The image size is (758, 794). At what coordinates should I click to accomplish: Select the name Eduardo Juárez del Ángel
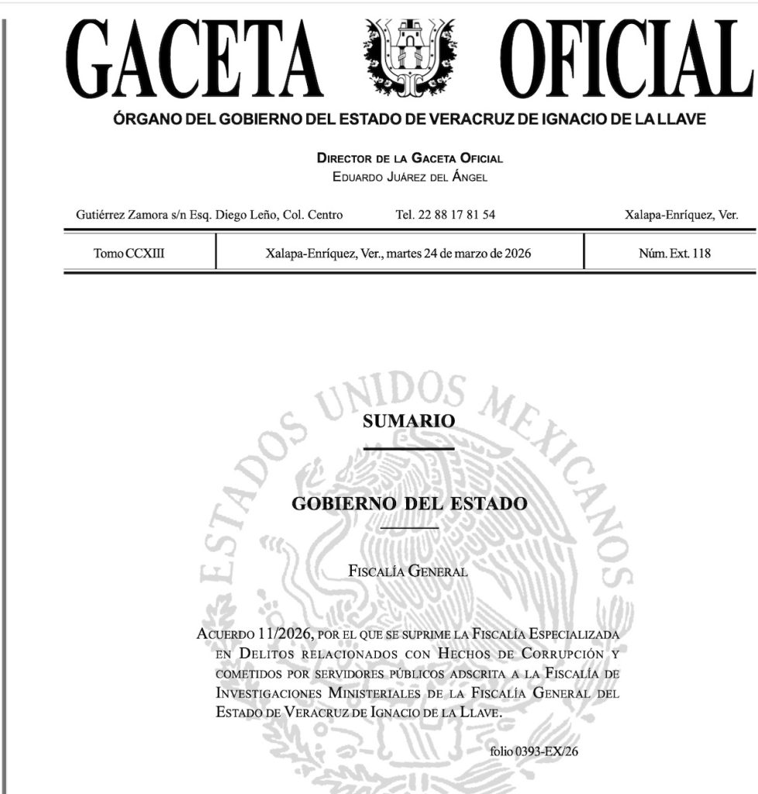point(409,177)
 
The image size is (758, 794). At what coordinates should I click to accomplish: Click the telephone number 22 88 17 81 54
point(445,215)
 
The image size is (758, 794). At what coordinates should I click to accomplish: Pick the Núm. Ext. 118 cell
point(669,253)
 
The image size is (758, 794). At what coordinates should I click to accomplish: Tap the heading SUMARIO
point(408,422)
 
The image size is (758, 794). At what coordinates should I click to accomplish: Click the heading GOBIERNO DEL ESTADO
point(409,503)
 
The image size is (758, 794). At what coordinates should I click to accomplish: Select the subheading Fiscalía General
point(408,572)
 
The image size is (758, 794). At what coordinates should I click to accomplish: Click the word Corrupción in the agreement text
point(554,654)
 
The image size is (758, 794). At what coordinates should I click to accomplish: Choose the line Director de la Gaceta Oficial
point(409,158)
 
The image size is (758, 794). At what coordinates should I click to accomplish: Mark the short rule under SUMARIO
point(408,448)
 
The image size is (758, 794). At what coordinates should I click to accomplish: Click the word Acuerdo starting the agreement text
point(225,634)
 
